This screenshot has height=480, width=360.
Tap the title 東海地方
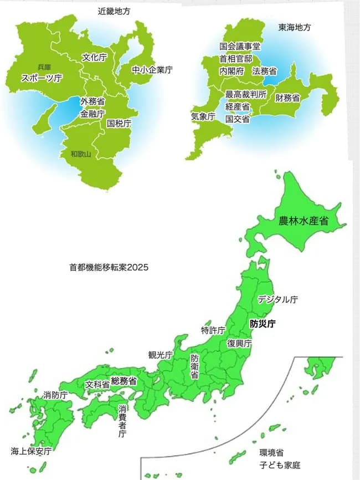tap(295, 27)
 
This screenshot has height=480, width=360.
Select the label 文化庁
tap(94, 57)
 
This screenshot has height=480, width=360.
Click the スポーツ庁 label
tap(42, 78)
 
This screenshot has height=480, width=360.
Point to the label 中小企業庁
tap(152, 70)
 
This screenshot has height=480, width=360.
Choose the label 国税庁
tap(119, 123)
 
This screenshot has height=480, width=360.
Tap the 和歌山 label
tap(80, 154)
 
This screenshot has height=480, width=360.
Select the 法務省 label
tap(264, 71)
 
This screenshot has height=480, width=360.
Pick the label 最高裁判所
tap(246, 94)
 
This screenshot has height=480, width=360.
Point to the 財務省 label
tap(288, 98)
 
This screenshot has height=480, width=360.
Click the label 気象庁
tap(203, 117)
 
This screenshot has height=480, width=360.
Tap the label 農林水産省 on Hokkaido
tap(304, 221)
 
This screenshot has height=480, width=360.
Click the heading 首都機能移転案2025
tap(109, 267)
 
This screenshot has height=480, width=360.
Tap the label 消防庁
tap(55, 395)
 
